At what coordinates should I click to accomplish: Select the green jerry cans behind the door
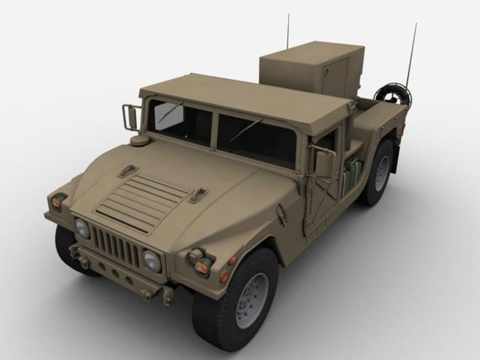[x=351, y=175]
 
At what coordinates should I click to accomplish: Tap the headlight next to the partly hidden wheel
[x=82, y=228]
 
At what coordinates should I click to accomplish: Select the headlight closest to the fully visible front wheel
[x=152, y=261]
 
